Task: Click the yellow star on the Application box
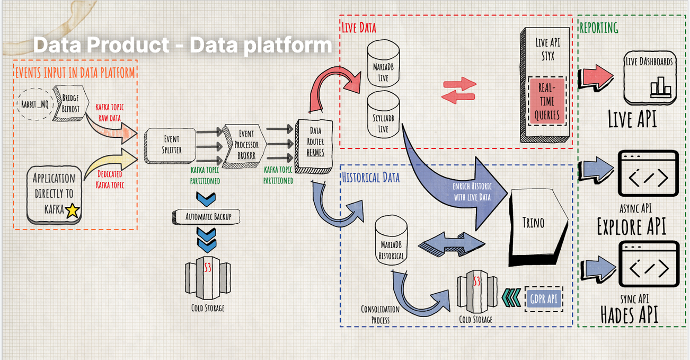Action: (72, 211)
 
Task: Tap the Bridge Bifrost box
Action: (69, 103)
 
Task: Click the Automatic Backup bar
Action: (205, 216)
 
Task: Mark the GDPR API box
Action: (543, 299)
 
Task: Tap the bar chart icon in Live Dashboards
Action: (660, 86)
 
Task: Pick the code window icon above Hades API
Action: (649, 268)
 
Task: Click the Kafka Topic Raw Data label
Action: (110, 112)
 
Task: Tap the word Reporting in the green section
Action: (599, 28)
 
